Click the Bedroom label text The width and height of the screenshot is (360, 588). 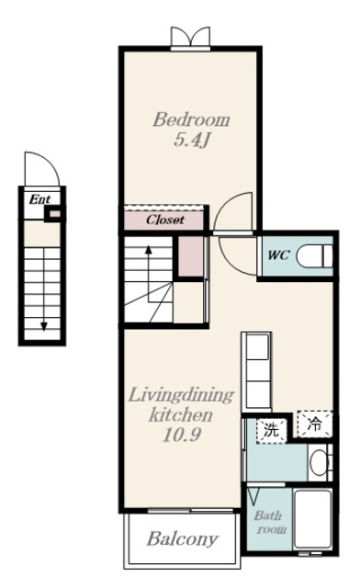(x=191, y=120)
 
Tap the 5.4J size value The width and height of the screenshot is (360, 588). (x=191, y=141)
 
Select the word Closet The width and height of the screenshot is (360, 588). (x=165, y=220)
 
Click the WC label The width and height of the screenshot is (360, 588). (x=278, y=255)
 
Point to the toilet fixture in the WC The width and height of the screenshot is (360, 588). (x=314, y=255)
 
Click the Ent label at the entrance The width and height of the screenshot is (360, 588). (x=39, y=199)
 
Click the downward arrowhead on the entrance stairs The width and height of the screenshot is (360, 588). (x=44, y=327)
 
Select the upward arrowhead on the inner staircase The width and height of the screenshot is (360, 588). (x=149, y=249)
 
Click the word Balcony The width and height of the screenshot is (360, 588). (x=183, y=539)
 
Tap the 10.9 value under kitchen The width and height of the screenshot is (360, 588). (x=182, y=435)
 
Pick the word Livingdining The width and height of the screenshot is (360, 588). (x=181, y=396)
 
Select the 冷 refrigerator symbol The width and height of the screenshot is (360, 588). (x=315, y=424)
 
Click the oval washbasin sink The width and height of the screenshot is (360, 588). (x=319, y=462)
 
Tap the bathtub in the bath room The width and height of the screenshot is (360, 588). (x=313, y=519)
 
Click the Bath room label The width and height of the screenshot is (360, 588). (x=270, y=523)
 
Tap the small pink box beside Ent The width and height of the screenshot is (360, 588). (x=55, y=214)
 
